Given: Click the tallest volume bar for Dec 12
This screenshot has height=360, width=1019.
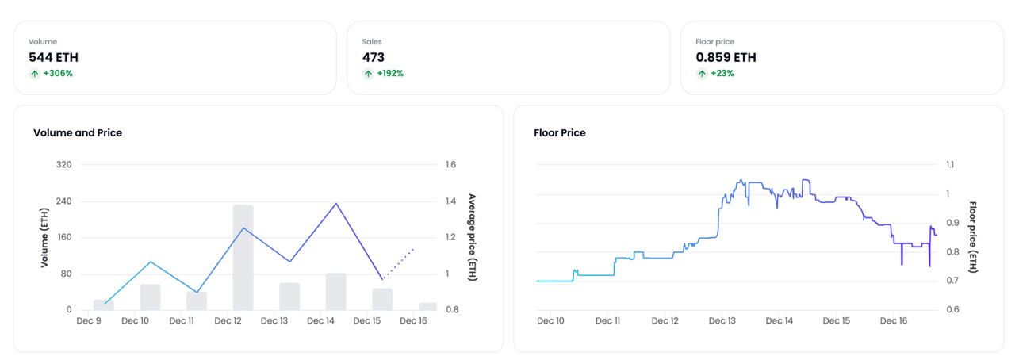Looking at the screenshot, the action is pyautogui.click(x=243, y=258).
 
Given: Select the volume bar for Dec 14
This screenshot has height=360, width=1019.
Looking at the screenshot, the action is pyautogui.click(x=336, y=292).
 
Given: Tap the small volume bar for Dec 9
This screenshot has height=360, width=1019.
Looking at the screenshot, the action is pyautogui.click(x=104, y=305).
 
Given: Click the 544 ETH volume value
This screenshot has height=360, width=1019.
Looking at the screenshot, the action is pyautogui.click(x=53, y=57).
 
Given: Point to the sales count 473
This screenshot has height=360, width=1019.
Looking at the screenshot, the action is pyautogui.click(x=373, y=57).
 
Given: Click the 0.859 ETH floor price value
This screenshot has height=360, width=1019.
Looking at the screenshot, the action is pyautogui.click(x=726, y=57).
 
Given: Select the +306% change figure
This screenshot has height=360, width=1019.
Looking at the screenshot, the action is pyautogui.click(x=58, y=73).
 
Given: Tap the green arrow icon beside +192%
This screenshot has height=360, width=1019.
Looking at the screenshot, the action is pyautogui.click(x=368, y=73).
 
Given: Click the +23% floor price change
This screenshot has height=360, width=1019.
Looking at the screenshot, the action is pyautogui.click(x=722, y=73).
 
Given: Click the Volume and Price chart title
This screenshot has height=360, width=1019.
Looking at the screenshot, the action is pyautogui.click(x=78, y=133).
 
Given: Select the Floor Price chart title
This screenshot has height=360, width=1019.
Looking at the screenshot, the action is pyautogui.click(x=560, y=133).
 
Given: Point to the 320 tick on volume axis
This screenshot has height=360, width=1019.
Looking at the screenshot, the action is pyautogui.click(x=63, y=164).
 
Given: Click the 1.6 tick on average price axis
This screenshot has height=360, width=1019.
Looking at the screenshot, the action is pyautogui.click(x=450, y=164).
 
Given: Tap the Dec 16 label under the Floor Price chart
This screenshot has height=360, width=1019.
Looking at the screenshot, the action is pyautogui.click(x=894, y=320).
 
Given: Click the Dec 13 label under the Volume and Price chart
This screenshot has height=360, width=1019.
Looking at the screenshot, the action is pyautogui.click(x=274, y=320).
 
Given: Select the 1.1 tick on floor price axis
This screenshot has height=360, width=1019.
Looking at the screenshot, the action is pyautogui.click(x=950, y=164).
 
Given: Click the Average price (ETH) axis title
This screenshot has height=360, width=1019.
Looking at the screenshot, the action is pyautogui.click(x=473, y=237).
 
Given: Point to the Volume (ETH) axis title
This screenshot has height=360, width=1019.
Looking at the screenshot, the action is pyautogui.click(x=44, y=237).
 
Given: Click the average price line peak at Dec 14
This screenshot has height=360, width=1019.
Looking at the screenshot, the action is pyautogui.click(x=336, y=204).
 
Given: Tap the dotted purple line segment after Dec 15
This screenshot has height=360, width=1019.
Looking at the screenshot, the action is pyautogui.click(x=399, y=264).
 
